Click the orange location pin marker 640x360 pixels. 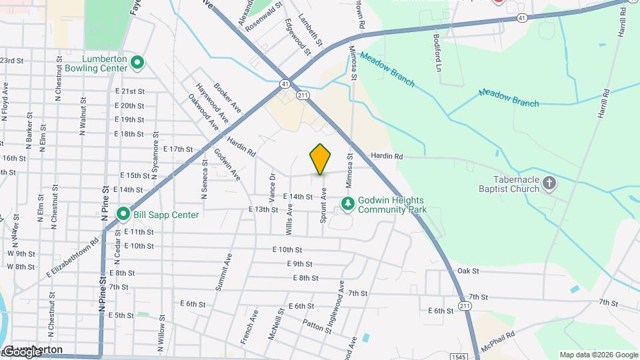tap(320, 159)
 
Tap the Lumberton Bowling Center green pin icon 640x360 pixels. tap(137, 63)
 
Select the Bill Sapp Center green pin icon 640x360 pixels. tap(123, 214)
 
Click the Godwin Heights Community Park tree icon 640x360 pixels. tap(347, 203)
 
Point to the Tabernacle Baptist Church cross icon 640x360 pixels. tap(549, 183)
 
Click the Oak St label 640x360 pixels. tap(468, 271)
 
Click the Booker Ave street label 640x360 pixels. tap(227, 97)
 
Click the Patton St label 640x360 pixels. tap(317, 325)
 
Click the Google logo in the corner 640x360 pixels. tap(21, 352)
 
